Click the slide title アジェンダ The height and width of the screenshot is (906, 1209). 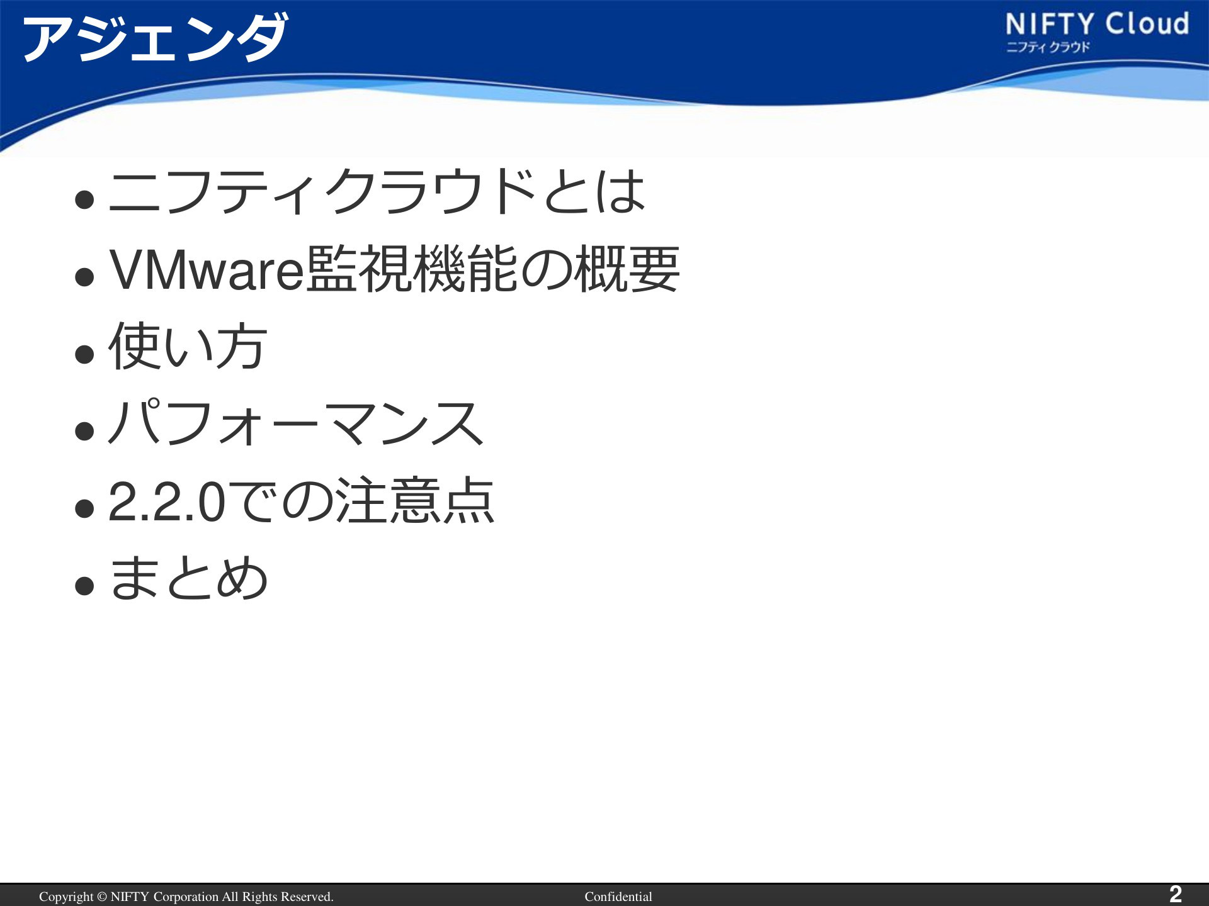pyautogui.click(x=155, y=38)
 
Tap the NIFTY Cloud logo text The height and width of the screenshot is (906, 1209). pyautogui.click(x=1097, y=24)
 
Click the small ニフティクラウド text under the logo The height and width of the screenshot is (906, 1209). pyautogui.click(x=1048, y=47)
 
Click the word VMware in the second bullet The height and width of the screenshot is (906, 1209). pyautogui.click(x=207, y=270)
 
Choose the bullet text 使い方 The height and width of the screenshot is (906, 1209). pyautogui.click(x=188, y=346)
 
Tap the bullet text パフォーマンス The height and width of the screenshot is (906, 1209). pyautogui.click(x=296, y=423)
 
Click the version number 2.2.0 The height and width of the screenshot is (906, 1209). pyautogui.click(x=167, y=501)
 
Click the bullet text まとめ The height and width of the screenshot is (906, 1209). pyautogui.click(x=188, y=578)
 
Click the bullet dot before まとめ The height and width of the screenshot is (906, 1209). pyautogui.click(x=84, y=586)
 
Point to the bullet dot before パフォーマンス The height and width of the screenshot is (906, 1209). pyautogui.click(x=84, y=431)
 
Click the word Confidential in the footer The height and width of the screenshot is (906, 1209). pyautogui.click(x=618, y=897)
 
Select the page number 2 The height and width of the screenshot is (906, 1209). pyautogui.click(x=1175, y=894)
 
